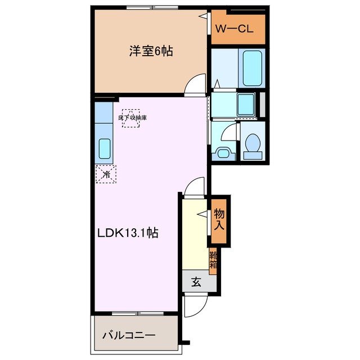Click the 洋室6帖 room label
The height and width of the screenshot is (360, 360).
point(151,51)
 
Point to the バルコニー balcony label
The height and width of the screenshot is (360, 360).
point(128,336)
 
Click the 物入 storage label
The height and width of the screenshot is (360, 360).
point(219,220)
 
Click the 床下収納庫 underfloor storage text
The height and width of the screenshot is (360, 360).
point(132,118)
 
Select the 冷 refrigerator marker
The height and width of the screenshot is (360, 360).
point(106,175)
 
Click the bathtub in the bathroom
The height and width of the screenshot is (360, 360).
point(251,67)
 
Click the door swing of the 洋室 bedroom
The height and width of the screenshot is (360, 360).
point(196,84)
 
